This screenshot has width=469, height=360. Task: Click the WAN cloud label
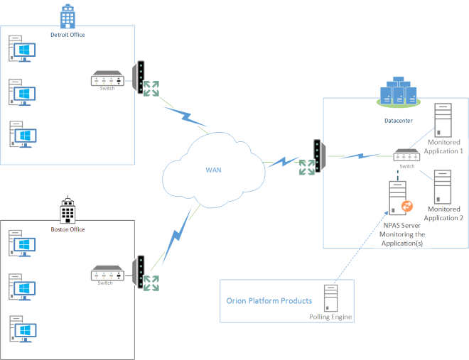[x=214, y=170]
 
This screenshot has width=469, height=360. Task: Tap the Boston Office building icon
[x=67, y=210]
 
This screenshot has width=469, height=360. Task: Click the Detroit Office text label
[x=68, y=33]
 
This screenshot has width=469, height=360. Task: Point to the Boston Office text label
[x=68, y=229]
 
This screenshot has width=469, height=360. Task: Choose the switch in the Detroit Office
[x=107, y=79]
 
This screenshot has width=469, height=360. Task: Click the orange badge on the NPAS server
[x=407, y=207]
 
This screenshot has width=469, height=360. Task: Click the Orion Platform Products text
[x=269, y=301]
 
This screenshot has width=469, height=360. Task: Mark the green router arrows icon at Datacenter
[x=307, y=168]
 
